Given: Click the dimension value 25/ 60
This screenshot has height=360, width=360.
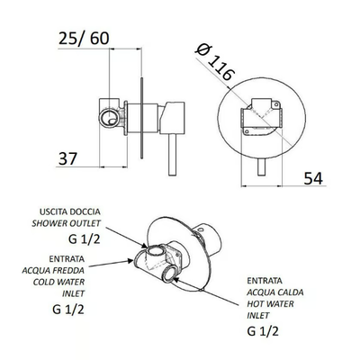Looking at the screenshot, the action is coord(84,39).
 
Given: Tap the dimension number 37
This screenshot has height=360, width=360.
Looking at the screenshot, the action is coord(67,158).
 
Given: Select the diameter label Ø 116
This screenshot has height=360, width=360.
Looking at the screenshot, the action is coord(214,63).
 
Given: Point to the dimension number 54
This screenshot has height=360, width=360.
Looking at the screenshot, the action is coord(313,178).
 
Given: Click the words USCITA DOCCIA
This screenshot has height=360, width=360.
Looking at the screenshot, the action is coord(70,211).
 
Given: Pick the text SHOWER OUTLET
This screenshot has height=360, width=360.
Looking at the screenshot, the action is coord(67,223).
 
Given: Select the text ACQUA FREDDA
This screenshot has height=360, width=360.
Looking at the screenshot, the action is coord(53,270).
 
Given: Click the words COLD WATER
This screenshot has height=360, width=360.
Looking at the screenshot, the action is coord(58,282).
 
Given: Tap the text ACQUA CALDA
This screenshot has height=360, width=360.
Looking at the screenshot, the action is coord(275,292).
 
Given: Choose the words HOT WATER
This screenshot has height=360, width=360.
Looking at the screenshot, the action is coord(270,304).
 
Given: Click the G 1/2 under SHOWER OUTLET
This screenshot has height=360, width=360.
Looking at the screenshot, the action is coord(85,239).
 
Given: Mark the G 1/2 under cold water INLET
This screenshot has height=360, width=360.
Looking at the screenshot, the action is coord(68,310).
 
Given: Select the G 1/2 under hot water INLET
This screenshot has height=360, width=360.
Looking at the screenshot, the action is coord(263,331).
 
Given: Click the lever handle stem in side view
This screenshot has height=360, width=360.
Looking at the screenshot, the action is coord(172,155).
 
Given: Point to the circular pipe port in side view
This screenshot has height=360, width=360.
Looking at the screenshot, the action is coord(109,118).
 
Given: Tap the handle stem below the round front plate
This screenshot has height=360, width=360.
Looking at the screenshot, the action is coord(262,166).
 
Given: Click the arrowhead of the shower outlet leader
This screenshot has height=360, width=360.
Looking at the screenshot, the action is coord(145,246).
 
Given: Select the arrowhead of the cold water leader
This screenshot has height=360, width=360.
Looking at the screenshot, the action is coord(130,261).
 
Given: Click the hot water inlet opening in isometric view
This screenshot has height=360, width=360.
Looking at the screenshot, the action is coord(170,274).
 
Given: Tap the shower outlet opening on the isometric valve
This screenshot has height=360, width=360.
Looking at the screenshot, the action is coord(155,251).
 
